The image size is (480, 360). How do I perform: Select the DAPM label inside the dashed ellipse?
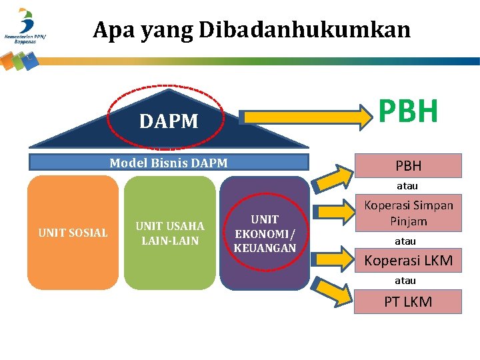click(x=169, y=121)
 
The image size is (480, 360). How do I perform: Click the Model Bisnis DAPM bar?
click(x=169, y=163)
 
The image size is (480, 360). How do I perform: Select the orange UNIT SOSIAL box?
click(x=73, y=233)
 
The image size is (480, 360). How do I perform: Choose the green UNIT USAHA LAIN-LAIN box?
click(x=169, y=233)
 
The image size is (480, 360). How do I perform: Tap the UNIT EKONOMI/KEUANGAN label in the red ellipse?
click(x=265, y=233)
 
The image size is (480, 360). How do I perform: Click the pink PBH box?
click(x=408, y=165)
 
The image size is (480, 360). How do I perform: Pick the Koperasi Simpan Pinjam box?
click(x=408, y=213)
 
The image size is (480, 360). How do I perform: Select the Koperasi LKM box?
click(x=408, y=261)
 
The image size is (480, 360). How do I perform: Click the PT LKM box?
click(x=408, y=301)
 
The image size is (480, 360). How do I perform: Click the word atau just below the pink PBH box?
click(x=407, y=186)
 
